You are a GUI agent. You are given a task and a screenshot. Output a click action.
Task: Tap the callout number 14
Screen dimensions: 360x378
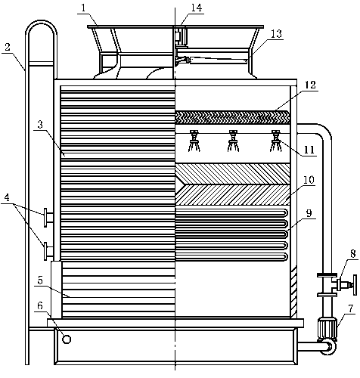coord(197,8)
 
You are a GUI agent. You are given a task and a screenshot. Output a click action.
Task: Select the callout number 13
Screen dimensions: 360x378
coord(276,34)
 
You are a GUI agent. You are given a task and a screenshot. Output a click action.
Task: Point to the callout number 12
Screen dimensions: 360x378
coord(310,85)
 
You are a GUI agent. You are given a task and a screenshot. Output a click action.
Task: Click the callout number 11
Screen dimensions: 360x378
coord(309,150)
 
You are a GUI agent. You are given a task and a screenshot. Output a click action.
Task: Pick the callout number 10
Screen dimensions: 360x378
coord(309,180)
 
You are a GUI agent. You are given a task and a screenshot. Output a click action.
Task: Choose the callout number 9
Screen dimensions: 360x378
coord(309,213)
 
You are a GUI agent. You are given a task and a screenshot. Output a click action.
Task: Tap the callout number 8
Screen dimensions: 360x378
coord(352,253)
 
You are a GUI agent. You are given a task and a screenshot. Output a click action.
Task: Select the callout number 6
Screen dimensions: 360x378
coord(40,305)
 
